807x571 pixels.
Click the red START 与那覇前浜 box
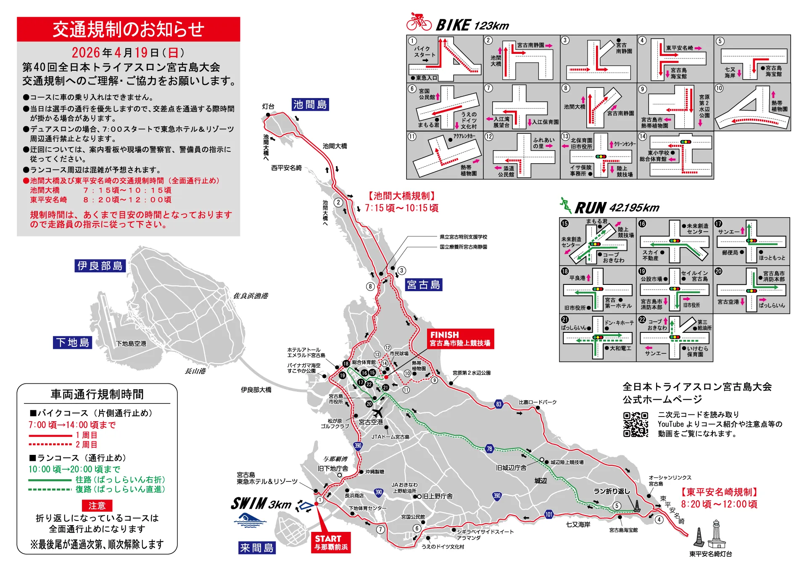tap(332, 543)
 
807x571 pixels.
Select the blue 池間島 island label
tap(310, 104)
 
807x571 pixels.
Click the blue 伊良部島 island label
tap(100, 266)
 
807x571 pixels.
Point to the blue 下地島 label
tap(73, 343)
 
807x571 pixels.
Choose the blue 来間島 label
tap(257, 547)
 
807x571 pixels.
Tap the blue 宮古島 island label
tap(424, 285)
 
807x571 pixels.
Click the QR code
tap(636, 425)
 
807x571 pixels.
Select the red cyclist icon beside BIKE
tap(419, 22)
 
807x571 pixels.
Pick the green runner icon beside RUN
tap(566, 205)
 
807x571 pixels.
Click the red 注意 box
tap(97, 505)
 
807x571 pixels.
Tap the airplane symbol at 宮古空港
tap(378, 412)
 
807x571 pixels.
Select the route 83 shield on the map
tap(498, 404)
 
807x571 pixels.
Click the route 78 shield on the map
tap(489, 449)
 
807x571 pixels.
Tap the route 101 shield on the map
tap(549, 514)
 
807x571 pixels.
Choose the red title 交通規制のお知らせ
tap(129, 29)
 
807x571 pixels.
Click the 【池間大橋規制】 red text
tap(402, 196)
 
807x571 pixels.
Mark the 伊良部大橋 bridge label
tap(256, 390)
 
